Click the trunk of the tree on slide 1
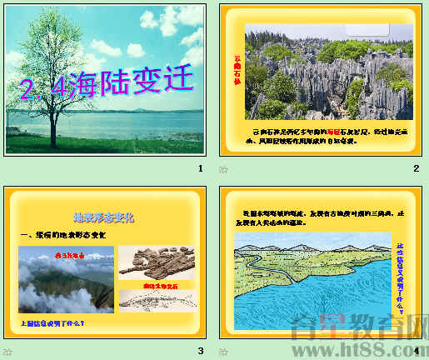point(56,117)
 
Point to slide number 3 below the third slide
point(200,351)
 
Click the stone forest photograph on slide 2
point(328,71)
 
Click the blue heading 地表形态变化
point(104,217)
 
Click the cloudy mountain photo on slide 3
point(66,280)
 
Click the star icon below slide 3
point(8,352)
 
